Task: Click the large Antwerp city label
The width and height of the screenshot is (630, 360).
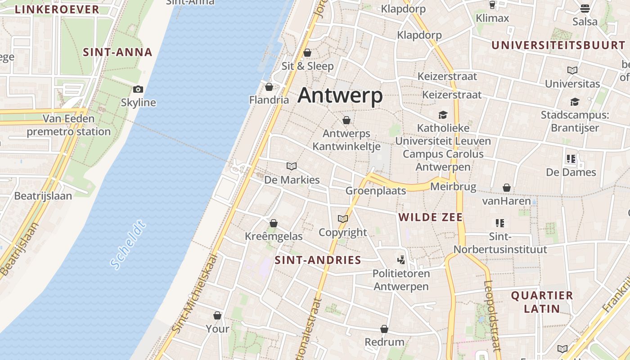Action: coord(340,96)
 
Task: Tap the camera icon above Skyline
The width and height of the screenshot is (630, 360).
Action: coord(138,90)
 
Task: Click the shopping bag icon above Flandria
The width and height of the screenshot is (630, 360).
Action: coord(269,87)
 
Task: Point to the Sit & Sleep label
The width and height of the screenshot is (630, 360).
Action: coord(308,66)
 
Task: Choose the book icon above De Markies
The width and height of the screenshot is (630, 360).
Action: coord(292,166)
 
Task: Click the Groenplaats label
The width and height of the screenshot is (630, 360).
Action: coord(376,191)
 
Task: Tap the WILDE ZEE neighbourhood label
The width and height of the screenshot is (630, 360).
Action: coord(431,217)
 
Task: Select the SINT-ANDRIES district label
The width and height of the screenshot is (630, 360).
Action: coord(318,260)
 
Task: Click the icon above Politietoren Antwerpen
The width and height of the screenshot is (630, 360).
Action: coord(401,260)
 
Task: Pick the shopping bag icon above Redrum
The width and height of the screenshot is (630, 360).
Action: coord(384,329)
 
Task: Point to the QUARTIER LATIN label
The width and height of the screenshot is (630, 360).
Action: coord(542,302)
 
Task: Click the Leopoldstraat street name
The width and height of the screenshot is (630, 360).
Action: coord(492,315)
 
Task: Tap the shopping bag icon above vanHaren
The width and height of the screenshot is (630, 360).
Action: coord(507,188)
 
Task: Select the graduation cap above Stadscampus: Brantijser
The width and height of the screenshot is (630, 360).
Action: coord(575,102)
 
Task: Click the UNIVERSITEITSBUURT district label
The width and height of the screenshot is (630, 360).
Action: coord(558,45)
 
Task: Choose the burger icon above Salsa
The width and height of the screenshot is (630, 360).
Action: coord(585,9)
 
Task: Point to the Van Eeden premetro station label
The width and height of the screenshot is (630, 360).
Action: coord(69,125)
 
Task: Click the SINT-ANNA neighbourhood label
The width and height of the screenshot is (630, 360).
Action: coord(118,52)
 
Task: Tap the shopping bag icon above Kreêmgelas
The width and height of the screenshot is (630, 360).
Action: coord(274,223)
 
